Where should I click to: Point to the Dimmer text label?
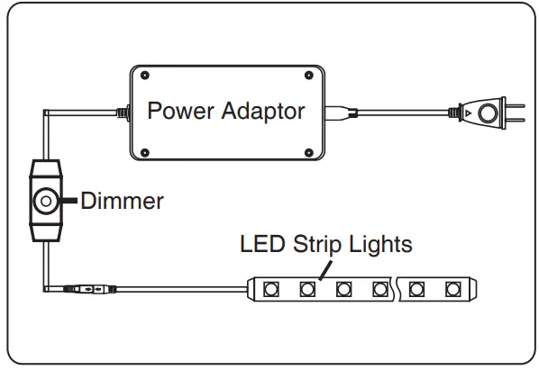tap(123, 200)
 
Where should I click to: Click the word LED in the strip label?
tap(260, 243)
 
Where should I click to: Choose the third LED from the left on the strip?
tap(343, 290)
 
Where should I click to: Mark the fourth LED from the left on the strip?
tap(379, 290)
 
